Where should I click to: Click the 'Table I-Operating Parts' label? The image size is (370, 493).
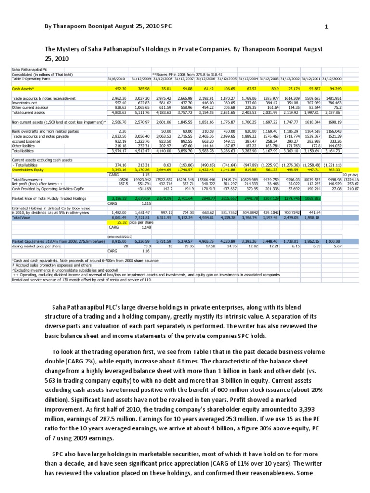[31, 79]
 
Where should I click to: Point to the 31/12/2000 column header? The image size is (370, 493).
[332, 79]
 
